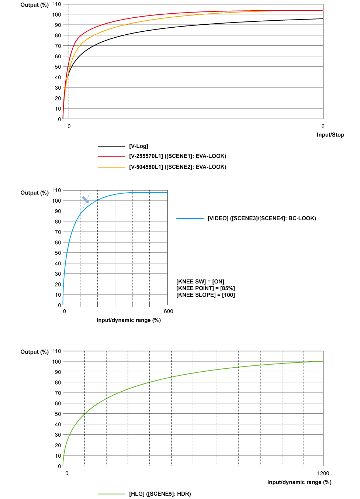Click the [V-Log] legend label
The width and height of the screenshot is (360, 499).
pyautogui.click(x=139, y=146)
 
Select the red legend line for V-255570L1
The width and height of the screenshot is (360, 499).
pyautogui.click(x=111, y=156)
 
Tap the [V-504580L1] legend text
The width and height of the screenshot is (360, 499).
pyautogui.click(x=177, y=167)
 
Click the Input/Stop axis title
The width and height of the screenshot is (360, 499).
pyautogui.click(x=330, y=135)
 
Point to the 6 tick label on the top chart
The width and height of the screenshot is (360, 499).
pyautogui.click(x=323, y=126)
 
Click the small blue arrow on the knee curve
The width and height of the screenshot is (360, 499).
pyautogui.click(x=86, y=200)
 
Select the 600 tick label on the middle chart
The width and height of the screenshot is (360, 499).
pyautogui.click(x=168, y=311)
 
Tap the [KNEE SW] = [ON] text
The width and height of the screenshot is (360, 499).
pyautogui.click(x=200, y=282)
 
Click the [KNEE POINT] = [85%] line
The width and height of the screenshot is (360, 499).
pyautogui.click(x=205, y=288)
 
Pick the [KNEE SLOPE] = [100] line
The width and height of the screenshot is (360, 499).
pyautogui.click(x=205, y=295)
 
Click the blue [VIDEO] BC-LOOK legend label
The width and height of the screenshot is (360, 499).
pyautogui.click(x=262, y=218)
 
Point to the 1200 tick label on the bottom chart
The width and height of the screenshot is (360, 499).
pyautogui.click(x=323, y=473)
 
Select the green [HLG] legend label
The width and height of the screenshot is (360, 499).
pyautogui.click(x=160, y=494)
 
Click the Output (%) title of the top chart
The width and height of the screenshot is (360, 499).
pyautogui.click(x=35, y=5)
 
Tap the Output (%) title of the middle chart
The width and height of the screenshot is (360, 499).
pyautogui.click(x=35, y=193)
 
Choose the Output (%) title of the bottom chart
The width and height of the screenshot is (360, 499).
pyautogui.click(x=35, y=352)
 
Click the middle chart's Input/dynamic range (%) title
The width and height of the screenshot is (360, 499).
pyautogui.click(x=129, y=320)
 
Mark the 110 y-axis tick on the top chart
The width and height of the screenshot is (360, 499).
pyautogui.click(x=57, y=4)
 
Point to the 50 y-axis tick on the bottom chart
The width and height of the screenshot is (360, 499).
pyautogui.click(x=58, y=414)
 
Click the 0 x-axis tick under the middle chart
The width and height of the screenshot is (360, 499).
pyautogui.click(x=65, y=311)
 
